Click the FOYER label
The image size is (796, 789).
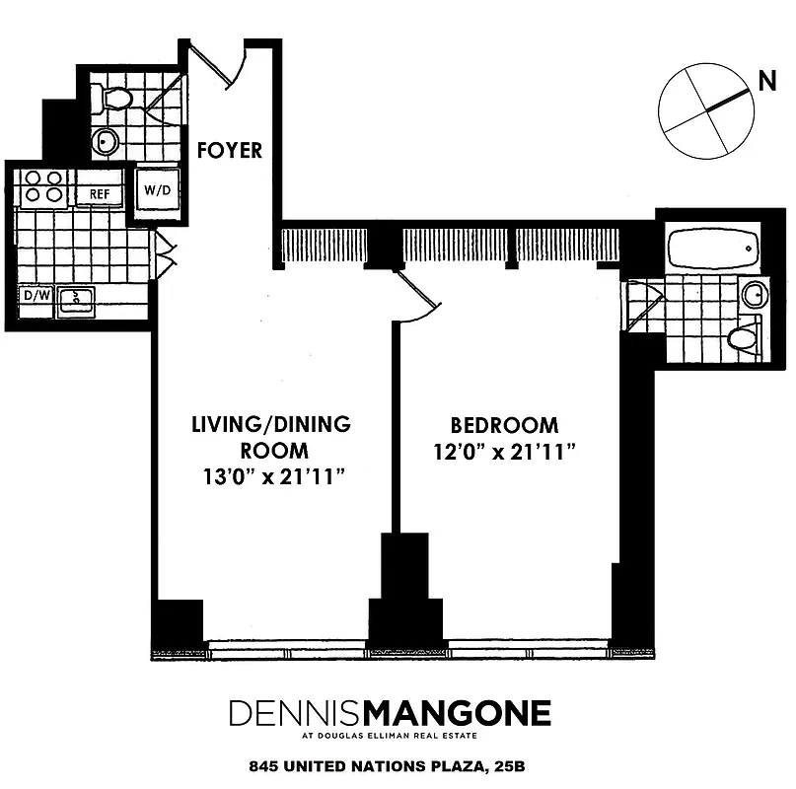pos(229,151)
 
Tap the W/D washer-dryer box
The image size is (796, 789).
pos(157,188)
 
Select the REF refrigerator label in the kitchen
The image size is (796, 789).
pos(100,194)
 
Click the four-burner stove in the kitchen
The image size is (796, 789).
pos(44,186)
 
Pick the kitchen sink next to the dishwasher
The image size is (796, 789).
pos(75,300)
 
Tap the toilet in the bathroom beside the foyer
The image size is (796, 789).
pos(113,99)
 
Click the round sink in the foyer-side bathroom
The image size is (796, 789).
pos(105,143)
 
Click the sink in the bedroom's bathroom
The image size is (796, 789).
pos(754,294)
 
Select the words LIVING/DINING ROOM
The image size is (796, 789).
pos(271,438)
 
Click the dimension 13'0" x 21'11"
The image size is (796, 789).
pos(271,477)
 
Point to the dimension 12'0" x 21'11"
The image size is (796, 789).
pos(504,452)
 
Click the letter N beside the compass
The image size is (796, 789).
pos(765,84)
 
